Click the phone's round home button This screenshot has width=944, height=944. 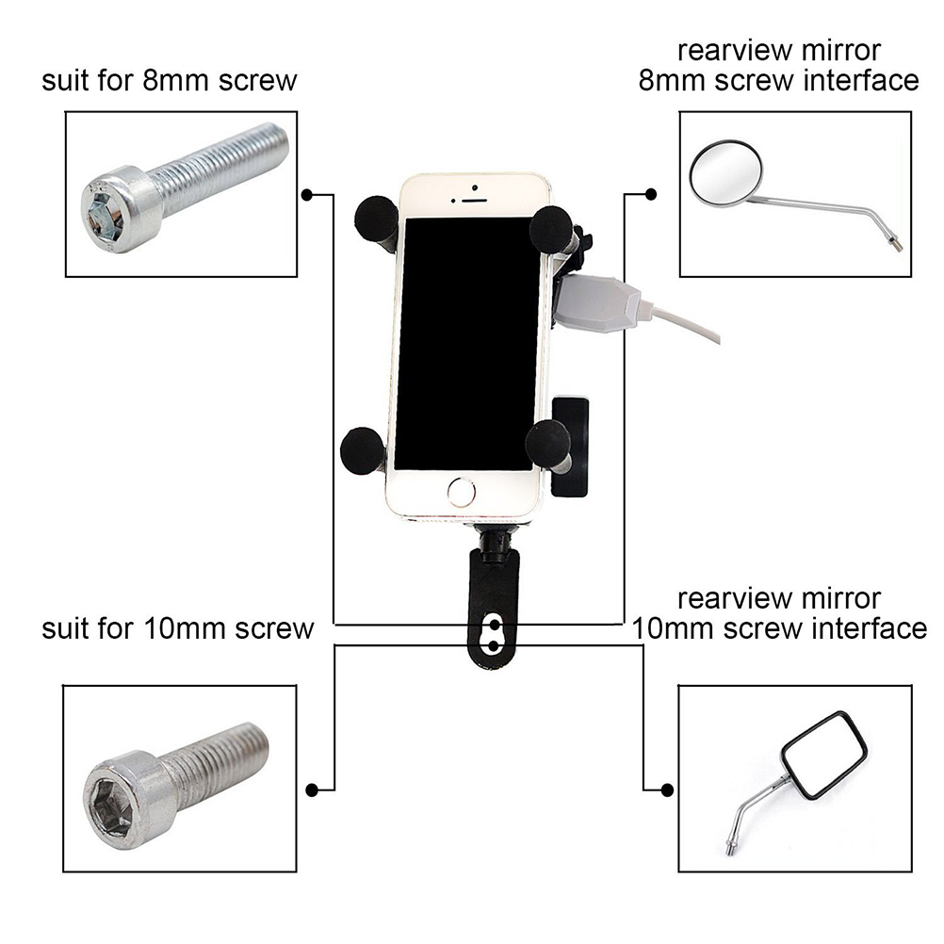coord(461,491)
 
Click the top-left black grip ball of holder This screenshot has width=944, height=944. coord(375,218)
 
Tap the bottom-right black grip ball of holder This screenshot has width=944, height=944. coord(547,440)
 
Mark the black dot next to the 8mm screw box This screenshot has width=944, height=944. coord(307,194)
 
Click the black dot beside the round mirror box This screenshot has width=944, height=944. coord(650,194)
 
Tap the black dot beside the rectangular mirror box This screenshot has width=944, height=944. coord(667,789)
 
